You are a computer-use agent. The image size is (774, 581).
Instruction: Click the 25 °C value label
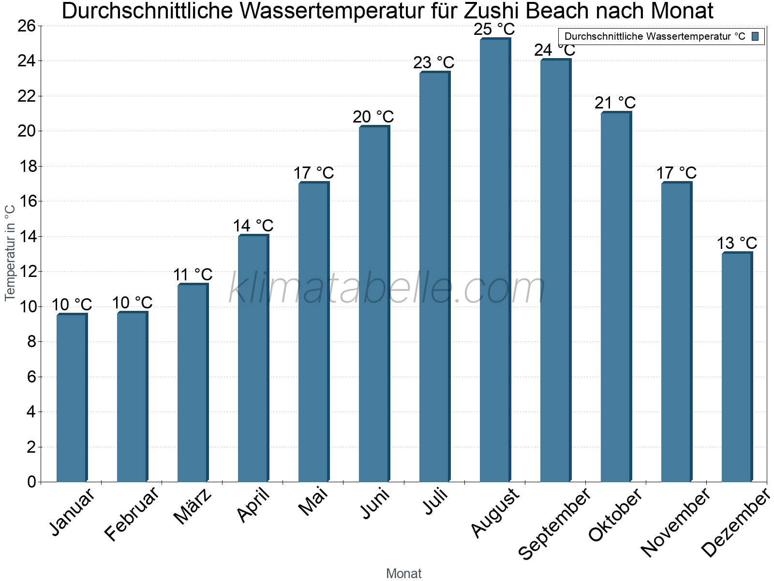tap(494, 30)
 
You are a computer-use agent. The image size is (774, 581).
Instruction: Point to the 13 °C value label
tap(737, 243)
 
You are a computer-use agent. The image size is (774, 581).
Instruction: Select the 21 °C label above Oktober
tap(615, 103)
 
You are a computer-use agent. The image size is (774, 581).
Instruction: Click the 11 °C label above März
tap(193, 275)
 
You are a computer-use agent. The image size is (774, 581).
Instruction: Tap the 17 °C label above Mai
tap(313, 173)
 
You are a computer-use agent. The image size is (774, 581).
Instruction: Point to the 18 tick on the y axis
tap(28, 167)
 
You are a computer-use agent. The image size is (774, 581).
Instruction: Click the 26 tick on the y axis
tap(28, 26)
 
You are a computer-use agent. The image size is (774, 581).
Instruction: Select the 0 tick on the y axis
tap(32, 482)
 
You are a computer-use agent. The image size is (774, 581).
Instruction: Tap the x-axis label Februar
tap(132, 514)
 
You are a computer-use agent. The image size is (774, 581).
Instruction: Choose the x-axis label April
tap(253, 506)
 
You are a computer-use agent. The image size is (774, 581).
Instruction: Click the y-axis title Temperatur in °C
tap(10, 252)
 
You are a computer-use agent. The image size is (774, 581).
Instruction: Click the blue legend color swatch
tap(755, 36)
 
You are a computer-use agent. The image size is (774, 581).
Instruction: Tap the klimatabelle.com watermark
tap(387, 289)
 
